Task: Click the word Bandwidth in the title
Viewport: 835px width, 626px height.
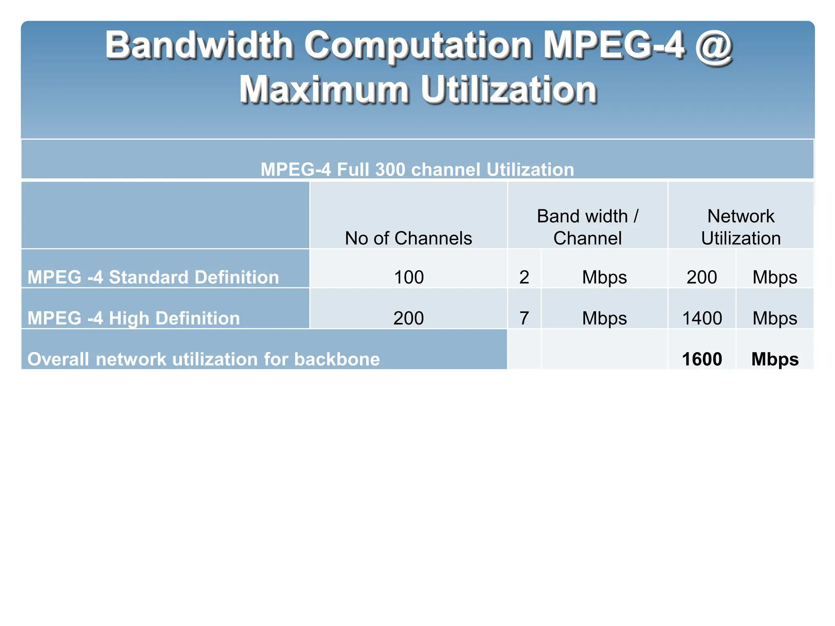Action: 199,45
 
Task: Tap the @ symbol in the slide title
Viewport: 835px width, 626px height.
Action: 714,45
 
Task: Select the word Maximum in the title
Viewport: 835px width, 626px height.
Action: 324,90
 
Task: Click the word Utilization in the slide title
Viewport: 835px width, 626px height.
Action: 508,90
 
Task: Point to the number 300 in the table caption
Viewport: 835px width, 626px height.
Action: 390,170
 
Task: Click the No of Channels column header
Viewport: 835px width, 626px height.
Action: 408,238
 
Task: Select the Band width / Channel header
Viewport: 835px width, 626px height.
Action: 588,227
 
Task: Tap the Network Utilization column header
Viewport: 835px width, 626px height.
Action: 741,227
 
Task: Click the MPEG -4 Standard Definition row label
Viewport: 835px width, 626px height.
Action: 153,278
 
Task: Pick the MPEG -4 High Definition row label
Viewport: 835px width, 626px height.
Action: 134,318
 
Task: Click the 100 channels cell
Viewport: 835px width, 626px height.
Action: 409,278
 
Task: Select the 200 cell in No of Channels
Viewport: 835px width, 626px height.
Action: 409,318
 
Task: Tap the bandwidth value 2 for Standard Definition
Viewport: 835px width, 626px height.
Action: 524,278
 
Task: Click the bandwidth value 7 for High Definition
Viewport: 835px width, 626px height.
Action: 524,318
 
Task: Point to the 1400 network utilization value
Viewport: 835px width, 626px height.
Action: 702,318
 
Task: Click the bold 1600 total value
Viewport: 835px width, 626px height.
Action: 702,359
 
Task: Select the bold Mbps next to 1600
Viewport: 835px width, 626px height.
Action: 775,359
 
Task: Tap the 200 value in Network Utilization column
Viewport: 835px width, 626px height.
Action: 702,278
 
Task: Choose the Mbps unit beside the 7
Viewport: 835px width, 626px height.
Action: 604,318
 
